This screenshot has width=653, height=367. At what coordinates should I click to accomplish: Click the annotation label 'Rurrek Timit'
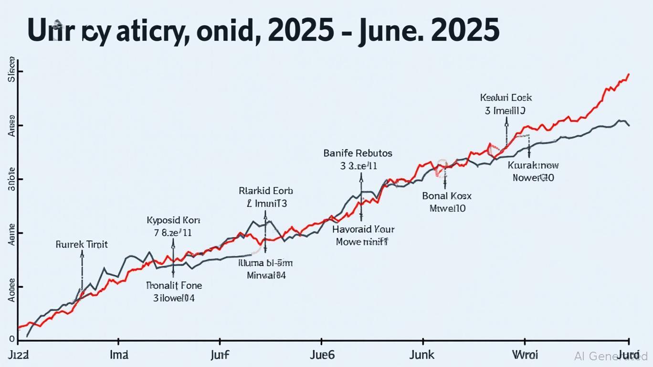pos(82,245)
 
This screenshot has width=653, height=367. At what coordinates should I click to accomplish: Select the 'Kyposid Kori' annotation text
pos(173,221)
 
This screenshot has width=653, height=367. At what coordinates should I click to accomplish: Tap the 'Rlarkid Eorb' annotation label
pos(265,191)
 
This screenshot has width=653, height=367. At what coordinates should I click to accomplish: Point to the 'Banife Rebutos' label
pos(358,153)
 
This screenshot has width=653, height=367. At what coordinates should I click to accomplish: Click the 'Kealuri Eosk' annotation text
pos(506,98)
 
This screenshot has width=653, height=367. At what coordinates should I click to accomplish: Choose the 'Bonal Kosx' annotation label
pos(447,196)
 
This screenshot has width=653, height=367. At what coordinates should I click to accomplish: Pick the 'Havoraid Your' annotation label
pos(363,229)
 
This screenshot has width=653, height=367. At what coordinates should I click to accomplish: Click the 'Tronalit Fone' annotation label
pos(174,286)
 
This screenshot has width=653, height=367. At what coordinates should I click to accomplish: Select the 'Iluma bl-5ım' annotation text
pos(265,263)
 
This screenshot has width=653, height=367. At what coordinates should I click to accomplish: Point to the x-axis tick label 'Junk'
pos(422,355)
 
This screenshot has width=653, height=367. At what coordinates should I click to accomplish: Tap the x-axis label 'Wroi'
pos(525,355)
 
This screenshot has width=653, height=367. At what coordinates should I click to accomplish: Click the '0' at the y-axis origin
pos(12,339)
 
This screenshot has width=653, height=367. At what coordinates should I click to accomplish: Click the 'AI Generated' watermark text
pos(611,356)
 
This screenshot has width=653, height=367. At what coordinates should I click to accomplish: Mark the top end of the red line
pos(629,74)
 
